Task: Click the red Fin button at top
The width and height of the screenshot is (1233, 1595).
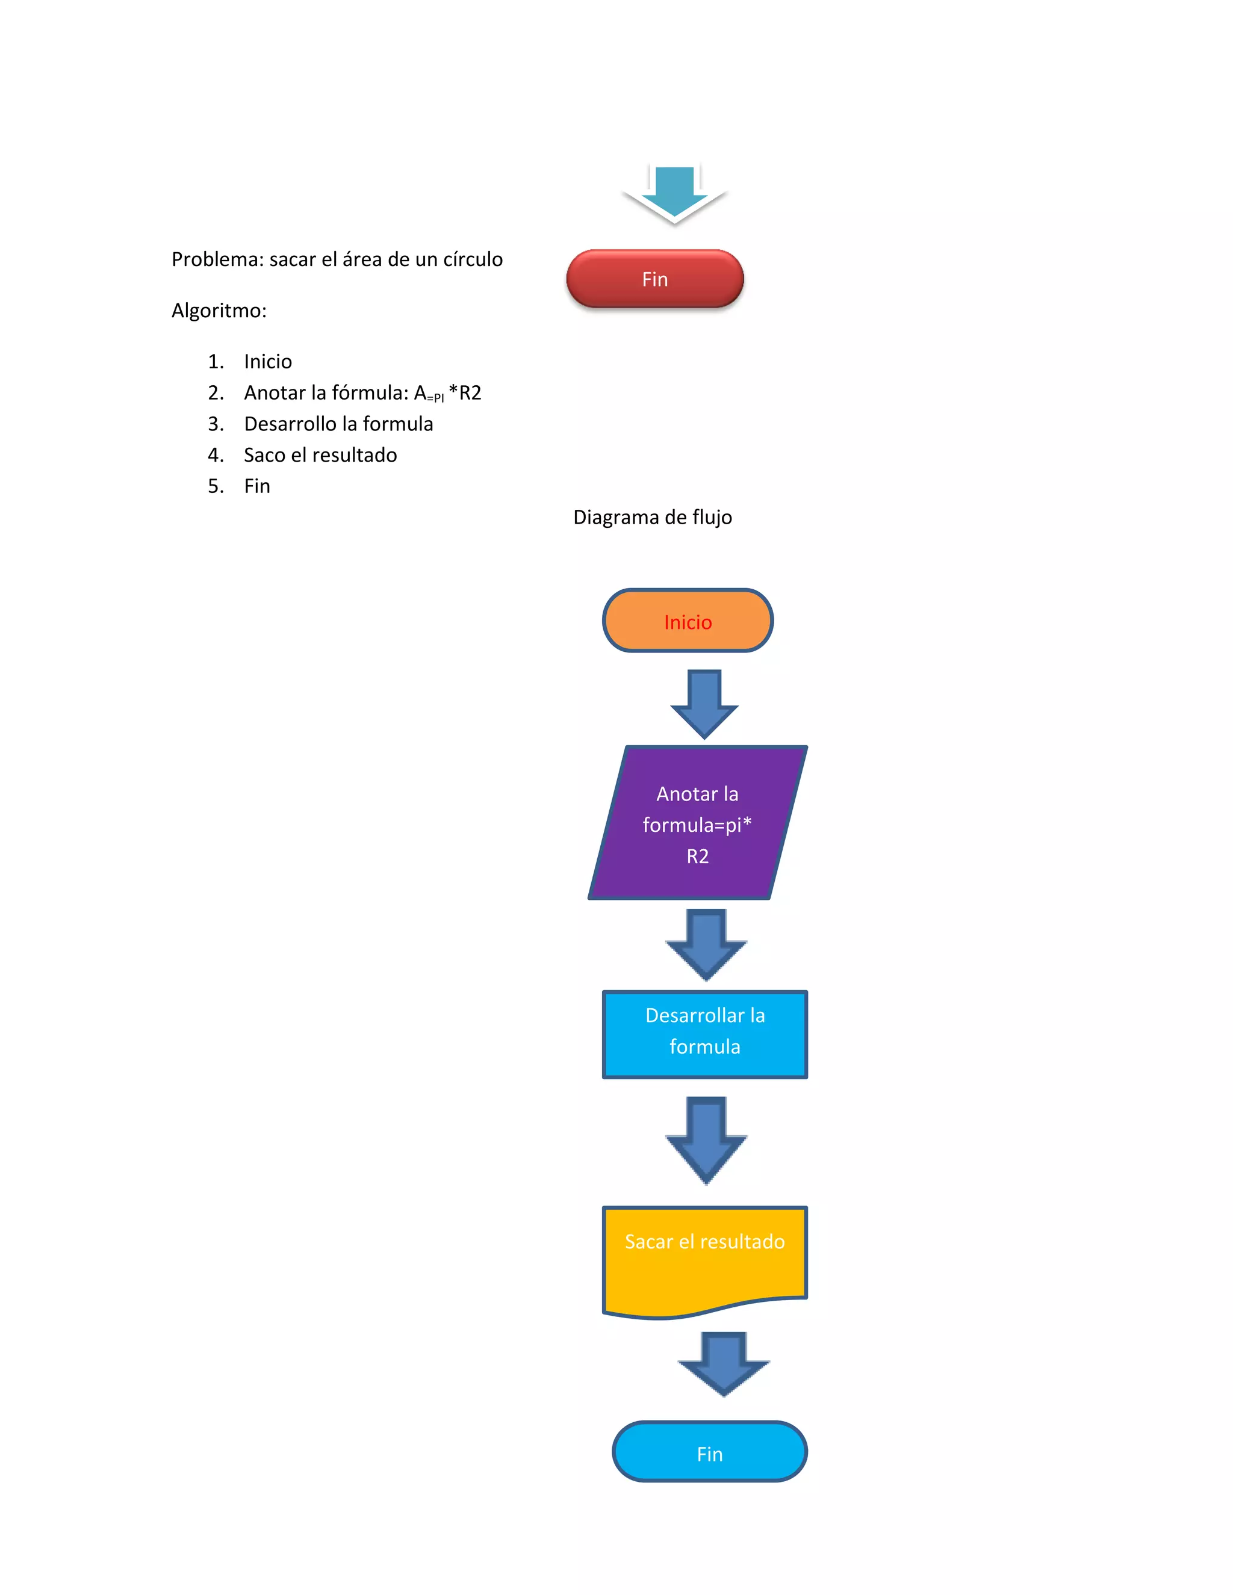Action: [x=654, y=279]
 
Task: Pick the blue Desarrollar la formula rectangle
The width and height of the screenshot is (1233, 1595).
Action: [x=705, y=1034]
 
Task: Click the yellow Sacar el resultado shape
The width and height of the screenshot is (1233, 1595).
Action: [x=705, y=1257]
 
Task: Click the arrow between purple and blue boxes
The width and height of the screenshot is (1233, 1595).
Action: [x=706, y=944]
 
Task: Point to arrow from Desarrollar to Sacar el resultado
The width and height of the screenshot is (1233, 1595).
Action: [x=706, y=1139]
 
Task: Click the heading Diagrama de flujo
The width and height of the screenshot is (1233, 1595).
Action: [x=652, y=517]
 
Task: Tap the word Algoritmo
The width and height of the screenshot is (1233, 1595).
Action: [x=219, y=311]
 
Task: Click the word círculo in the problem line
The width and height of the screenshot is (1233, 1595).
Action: [x=473, y=259]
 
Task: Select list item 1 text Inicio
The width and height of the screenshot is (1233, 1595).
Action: [x=268, y=362]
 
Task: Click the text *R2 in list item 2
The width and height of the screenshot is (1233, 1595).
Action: [x=465, y=393]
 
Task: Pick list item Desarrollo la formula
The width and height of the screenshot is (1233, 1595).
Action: [x=338, y=424]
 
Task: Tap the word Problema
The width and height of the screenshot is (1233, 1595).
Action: [x=217, y=259]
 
